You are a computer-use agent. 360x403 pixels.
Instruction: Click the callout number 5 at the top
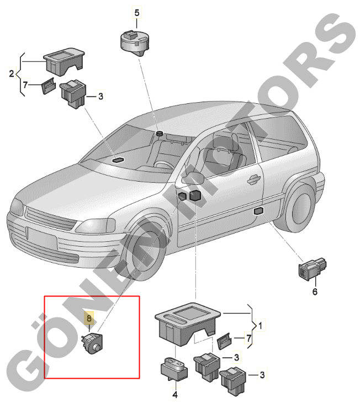coord(137,13)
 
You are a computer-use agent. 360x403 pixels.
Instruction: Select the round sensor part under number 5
coord(135,43)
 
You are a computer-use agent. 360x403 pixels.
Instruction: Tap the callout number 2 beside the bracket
coord(11,74)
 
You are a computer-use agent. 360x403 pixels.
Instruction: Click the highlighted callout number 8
coord(89,319)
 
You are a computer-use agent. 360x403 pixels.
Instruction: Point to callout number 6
coord(315,291)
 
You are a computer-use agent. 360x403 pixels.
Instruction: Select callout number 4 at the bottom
coord(175,395)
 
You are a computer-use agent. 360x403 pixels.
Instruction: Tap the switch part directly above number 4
coord(174,369)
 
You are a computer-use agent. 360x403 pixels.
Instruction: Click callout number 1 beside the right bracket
coord(260,325)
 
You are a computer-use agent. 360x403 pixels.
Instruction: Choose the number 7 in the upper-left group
coord(25,85)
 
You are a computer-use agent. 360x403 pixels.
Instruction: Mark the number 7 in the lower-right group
coord(248,338)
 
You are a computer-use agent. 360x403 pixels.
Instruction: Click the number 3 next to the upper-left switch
coord(100,97)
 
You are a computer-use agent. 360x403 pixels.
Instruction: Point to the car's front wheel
coord(145,252)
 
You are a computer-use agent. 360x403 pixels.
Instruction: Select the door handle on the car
coord(253,179)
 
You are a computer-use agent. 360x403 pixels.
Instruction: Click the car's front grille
coord(50,218)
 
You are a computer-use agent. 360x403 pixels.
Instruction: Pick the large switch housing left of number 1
coord(188,324)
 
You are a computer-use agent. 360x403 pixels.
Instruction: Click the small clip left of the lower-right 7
coord(224,341)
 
